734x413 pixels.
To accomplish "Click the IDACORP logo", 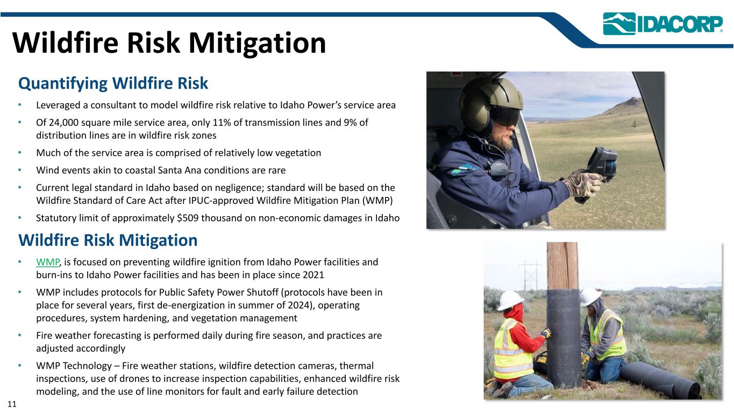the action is click(x=662, y=24).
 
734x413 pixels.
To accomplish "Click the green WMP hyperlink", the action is click(x=48, y=262).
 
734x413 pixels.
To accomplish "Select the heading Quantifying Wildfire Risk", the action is click(x=113, y=83).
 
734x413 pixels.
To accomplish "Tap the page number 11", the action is click(x=12, y=404).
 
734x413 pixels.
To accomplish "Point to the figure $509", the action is click(x=188, y=218).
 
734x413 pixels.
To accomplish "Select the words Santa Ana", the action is click(x=181, y=170).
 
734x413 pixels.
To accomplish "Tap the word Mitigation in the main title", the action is click(x=257, y=43).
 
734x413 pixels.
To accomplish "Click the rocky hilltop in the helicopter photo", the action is click(x=629, y=104).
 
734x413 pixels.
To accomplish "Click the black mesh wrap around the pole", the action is click(x=564, y=338).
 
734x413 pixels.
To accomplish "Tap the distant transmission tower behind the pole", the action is click(x=530, y=275).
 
